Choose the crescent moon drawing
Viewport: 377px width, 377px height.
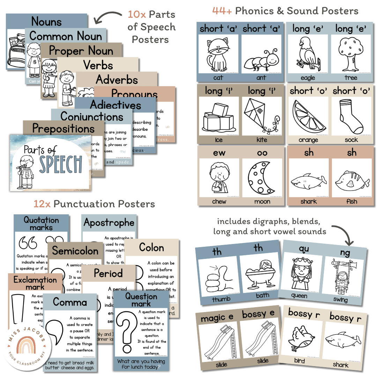click(261, 178)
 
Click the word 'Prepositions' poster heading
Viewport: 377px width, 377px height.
click(63, 128)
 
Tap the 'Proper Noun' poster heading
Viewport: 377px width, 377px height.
click(81, 51)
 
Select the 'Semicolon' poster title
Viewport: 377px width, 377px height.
click(75, 251)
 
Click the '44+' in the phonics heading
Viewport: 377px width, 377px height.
click(222, 11)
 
